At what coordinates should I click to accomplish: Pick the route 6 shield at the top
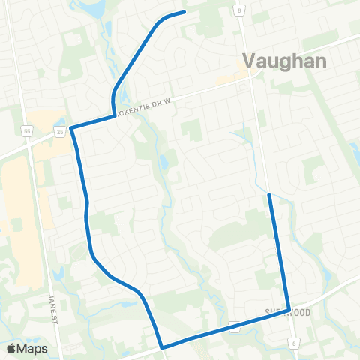click(239, 10)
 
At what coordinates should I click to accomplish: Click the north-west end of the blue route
click(184, 12)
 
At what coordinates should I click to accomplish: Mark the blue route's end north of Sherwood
click(268, 195)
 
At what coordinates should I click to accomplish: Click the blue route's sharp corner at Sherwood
click(289, 310)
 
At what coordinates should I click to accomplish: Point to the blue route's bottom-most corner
click(163, 346)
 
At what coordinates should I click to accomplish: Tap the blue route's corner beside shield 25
click(72, 129)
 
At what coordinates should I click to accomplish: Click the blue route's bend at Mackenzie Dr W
click(114, 114)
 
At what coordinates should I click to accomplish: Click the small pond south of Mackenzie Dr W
click(164, 162)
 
